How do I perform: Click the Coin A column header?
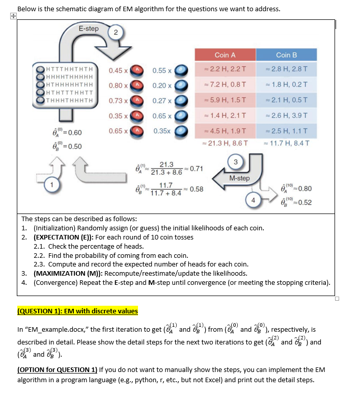225,55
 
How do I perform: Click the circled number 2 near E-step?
116,33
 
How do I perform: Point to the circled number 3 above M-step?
235,162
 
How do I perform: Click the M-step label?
239,178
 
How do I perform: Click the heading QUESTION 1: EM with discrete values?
77,311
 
